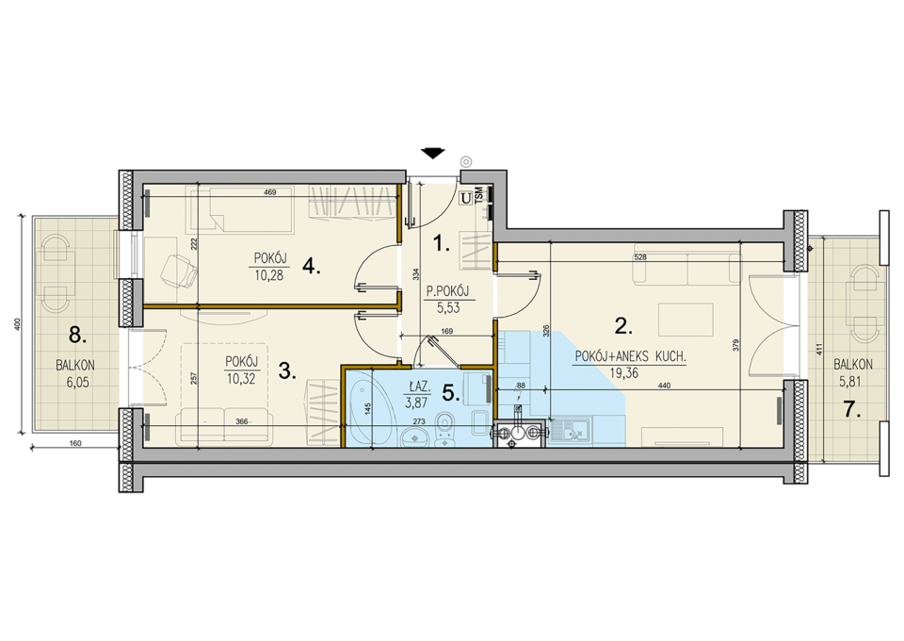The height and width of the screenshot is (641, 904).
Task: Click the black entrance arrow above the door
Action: click(433, 153)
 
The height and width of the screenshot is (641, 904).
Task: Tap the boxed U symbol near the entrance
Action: click(465, 198)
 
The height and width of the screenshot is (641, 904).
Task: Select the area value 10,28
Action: click(269, 275)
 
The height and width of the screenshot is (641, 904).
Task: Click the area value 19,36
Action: click(623, 372)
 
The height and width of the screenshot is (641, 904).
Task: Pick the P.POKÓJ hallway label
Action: click(447, 291)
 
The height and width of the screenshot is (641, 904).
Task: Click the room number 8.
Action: click(77, 336)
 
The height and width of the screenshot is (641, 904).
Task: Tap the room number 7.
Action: click(853, 410)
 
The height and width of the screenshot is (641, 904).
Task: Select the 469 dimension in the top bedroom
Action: click(270, 192)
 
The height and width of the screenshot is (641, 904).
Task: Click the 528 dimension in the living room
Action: click(640, 257)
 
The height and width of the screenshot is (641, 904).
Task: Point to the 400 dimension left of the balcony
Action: click(17, 324)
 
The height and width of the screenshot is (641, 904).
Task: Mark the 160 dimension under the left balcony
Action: click(75, 444)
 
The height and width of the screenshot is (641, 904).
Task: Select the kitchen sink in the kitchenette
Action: click(569, 431)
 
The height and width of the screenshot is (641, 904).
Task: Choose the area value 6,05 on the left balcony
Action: click(77, 382)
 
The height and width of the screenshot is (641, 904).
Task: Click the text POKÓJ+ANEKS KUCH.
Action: click(630, 357)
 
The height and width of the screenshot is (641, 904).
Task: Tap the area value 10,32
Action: click(241, 379)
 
